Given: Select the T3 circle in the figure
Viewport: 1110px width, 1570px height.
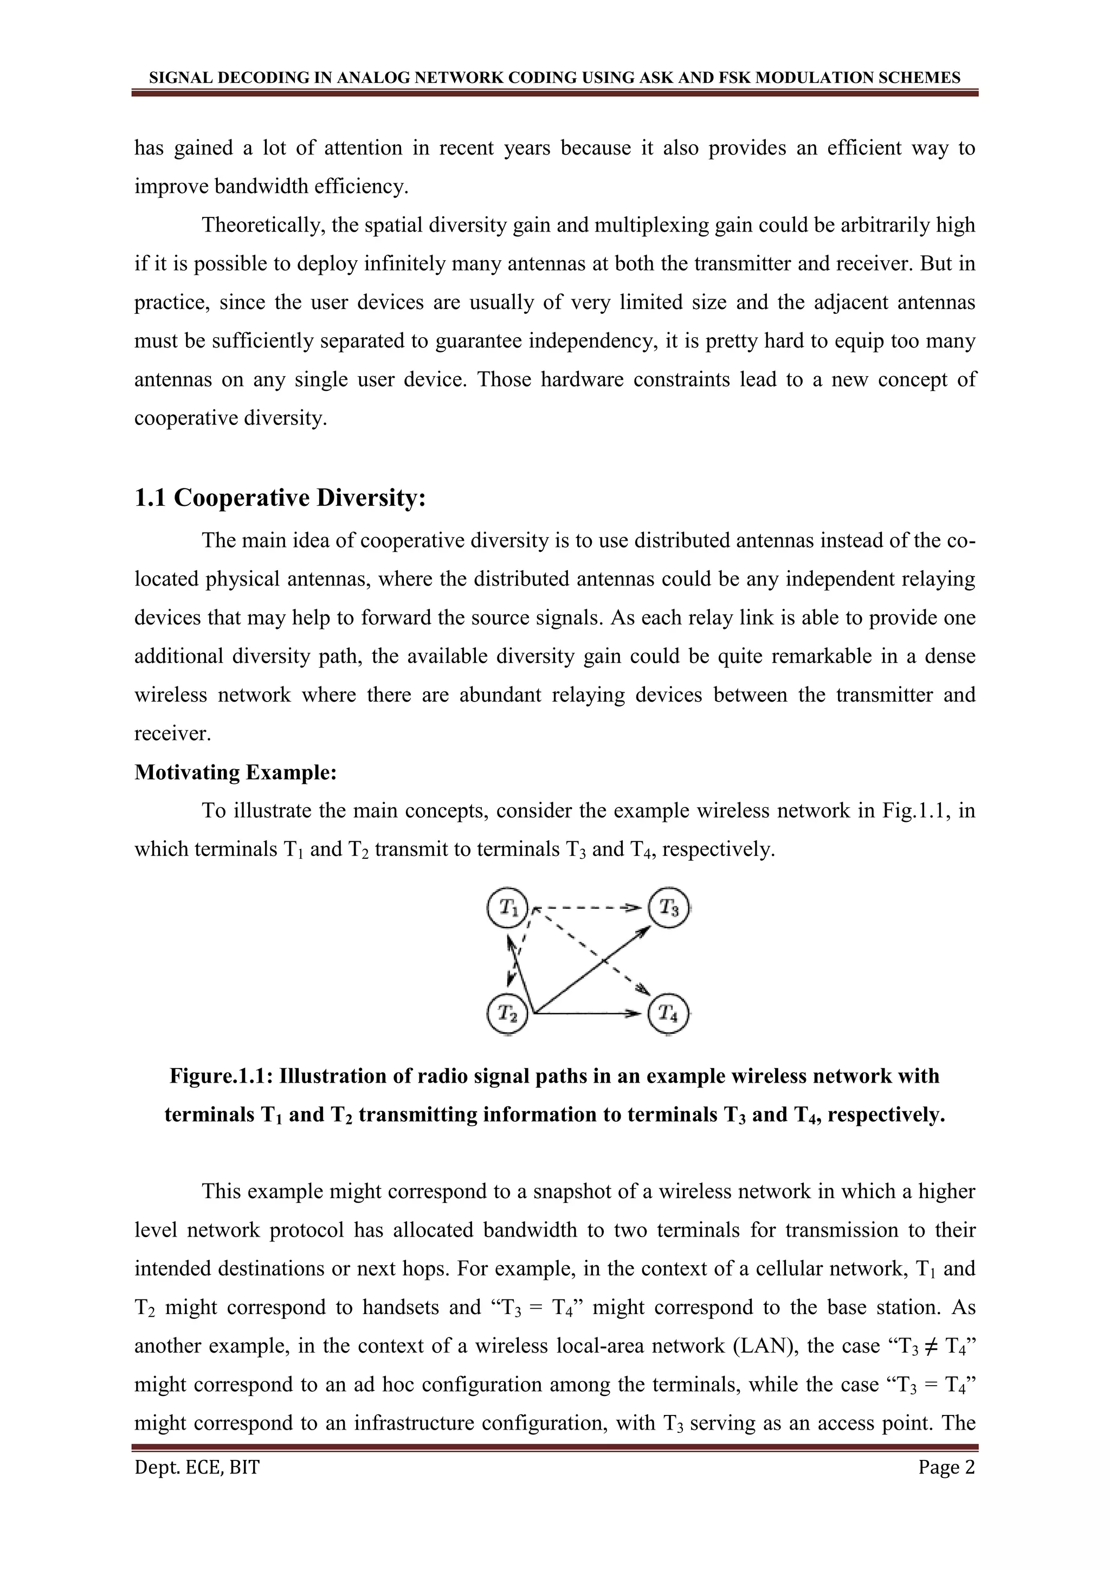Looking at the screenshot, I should click(x=668, y=909).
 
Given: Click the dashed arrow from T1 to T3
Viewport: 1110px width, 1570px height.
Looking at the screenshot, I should click(x=588, y=909).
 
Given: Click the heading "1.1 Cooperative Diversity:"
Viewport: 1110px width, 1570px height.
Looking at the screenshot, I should click(x=280, y=498).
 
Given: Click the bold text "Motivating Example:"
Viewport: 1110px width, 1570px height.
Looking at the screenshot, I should click(x=236, y=772).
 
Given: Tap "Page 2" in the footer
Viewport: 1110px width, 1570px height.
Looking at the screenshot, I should click(x=947, y=1468).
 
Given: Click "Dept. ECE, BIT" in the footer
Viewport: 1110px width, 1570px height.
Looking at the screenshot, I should click(x=197, y=1468).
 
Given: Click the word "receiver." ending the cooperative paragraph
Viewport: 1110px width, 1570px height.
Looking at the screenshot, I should click(x=173, y=733).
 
